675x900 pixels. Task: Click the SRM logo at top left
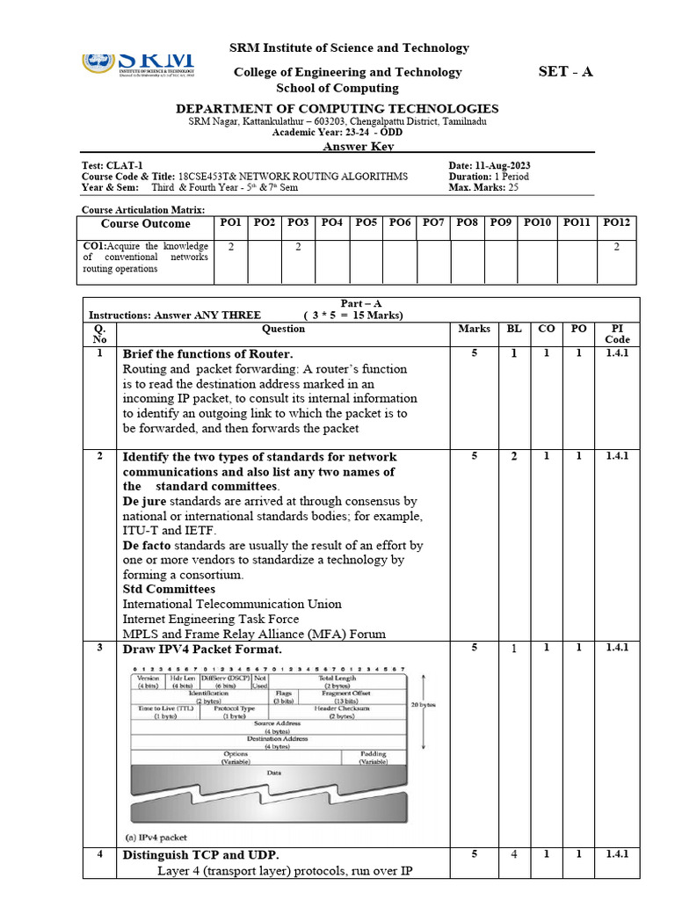[x=138, y=64]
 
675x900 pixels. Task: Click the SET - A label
[x=565, y=71]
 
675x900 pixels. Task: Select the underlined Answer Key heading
[x=337, y=146]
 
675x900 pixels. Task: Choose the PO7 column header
[x=433, y=223]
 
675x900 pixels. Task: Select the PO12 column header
[x=616, y=223]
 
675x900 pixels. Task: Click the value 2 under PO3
[x=298, y=248]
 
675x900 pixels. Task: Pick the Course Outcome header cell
[x=146, y=224]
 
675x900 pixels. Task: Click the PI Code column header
[x=617, y=334]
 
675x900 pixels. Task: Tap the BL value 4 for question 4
[x=514, y=854]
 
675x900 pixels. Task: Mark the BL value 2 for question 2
[x=514, y=456]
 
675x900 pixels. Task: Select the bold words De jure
[x=143, y=501]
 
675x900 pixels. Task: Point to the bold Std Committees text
[x=169, y=589]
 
